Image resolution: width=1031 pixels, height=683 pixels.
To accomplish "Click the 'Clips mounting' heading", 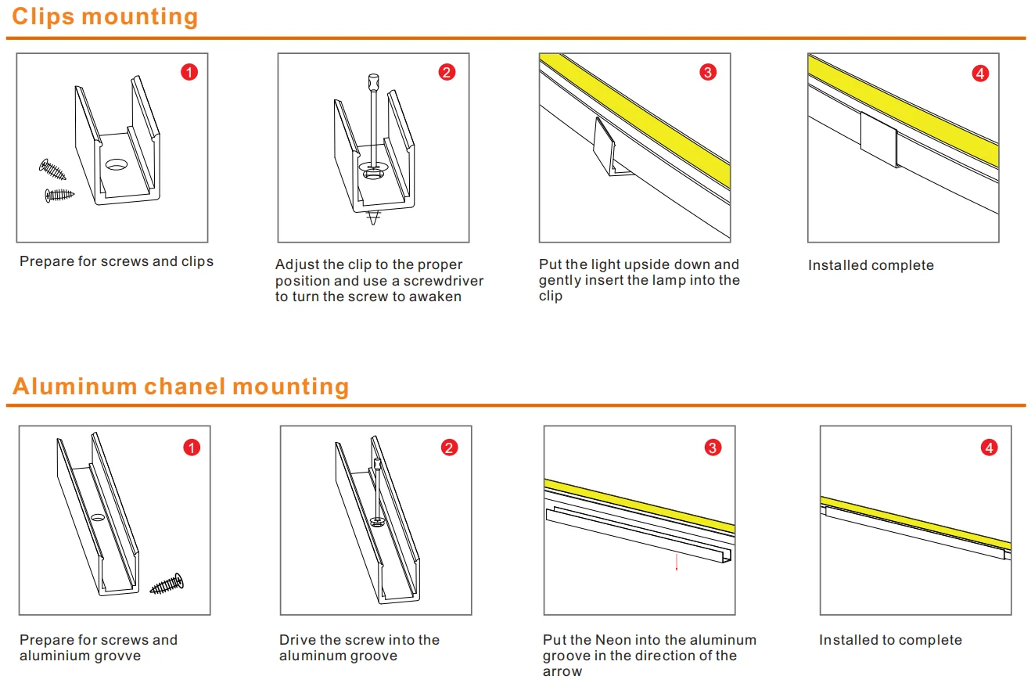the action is point(105,16).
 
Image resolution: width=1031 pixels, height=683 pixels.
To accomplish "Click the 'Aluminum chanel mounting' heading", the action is point(181,386).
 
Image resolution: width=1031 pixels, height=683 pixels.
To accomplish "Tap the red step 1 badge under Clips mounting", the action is point(189,73).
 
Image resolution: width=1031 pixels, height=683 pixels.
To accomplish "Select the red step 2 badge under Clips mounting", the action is point(447,73).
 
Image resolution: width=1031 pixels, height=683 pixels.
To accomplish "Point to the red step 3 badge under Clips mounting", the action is point(707,73).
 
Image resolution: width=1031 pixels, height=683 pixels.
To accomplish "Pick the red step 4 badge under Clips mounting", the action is point(980,74).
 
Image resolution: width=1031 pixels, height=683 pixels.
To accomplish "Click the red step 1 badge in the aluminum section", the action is point(192,448).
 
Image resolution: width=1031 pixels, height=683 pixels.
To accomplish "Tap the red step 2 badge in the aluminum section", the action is point(449,448).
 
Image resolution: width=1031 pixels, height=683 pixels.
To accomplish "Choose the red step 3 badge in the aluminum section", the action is point(713,448).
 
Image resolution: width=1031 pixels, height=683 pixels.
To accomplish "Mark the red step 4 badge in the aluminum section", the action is point(990,448).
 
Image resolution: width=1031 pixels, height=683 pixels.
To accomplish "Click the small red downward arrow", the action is point(677,563).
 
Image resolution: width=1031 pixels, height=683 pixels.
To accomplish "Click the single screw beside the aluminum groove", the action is point(167,583).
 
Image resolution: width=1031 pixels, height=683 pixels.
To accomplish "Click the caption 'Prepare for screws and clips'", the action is point(117,261).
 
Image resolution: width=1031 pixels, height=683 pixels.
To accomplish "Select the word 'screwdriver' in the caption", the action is point(444,281).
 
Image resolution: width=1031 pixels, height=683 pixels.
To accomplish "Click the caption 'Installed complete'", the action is point(871,265).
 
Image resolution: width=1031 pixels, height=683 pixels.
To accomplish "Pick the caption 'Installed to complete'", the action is point(890,640).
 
